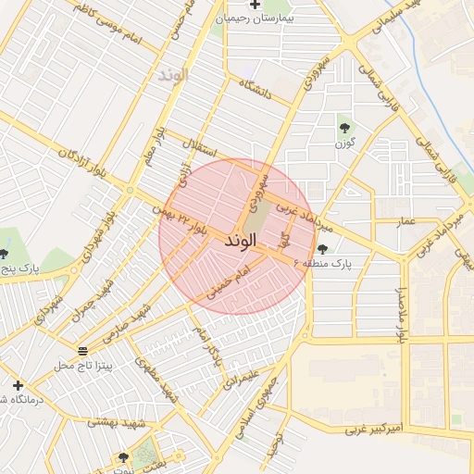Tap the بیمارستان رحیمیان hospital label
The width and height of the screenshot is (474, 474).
coord(276,19)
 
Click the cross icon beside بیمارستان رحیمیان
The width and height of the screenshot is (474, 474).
coord(256,5)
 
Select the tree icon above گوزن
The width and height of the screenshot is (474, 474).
coord(344,128)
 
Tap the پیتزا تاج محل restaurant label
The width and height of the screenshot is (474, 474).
coord(82,367)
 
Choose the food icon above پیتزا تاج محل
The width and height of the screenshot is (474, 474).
coord(83,351)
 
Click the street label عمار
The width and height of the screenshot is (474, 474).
coord(405,222)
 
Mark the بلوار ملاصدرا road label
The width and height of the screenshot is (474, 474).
coord(402,315)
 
